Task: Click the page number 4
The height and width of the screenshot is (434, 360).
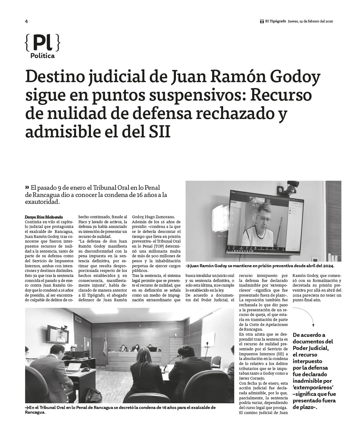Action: coord(27,21)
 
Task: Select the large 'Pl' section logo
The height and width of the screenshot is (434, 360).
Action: coord(42,43)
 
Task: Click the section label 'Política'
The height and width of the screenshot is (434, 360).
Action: coord(42,56)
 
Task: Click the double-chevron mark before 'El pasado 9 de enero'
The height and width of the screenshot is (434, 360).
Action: coord(27,187)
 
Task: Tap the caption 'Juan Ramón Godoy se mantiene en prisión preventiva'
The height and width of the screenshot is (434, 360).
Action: coord(259,266)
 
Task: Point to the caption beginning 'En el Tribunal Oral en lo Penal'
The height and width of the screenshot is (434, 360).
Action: coord(120,410)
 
